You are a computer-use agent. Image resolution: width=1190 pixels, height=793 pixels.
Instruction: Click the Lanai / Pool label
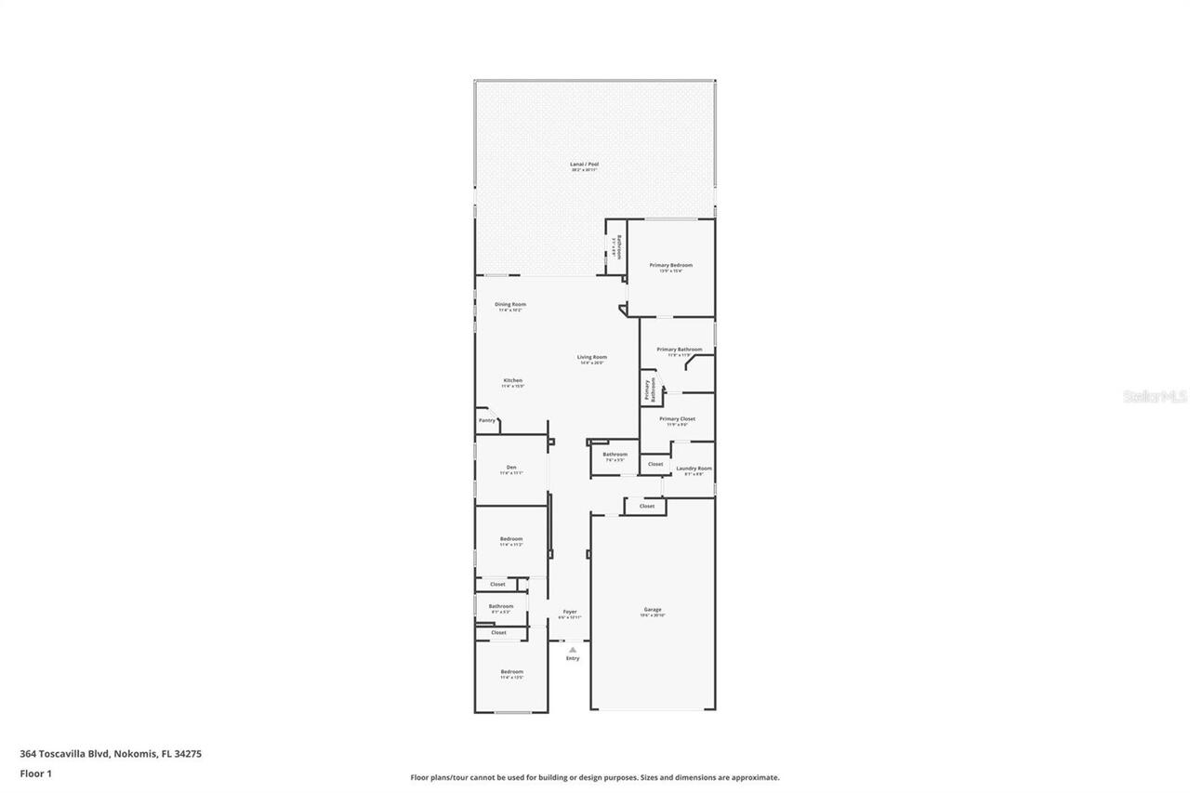(584, 164)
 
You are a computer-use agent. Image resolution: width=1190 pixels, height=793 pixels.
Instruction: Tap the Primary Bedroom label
(670, 265)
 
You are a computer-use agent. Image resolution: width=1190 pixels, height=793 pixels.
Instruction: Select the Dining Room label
(510, 304)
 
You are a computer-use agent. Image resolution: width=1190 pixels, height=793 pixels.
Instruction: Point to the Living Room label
(591, 357)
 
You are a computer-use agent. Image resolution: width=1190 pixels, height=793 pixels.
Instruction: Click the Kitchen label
(512, 380)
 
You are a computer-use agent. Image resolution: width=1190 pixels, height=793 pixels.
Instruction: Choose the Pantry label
(487, 420)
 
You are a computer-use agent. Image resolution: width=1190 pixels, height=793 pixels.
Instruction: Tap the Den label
(511, 467)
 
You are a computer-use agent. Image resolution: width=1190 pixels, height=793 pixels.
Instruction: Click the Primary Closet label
(677, 419)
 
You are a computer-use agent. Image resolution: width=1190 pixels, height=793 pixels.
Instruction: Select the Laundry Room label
(694, 468)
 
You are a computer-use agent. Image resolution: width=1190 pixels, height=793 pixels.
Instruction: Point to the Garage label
(653, 609)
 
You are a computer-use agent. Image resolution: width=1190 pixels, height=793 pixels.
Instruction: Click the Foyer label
(570, 612)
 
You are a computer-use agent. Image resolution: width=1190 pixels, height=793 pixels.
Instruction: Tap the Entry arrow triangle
(573, 650)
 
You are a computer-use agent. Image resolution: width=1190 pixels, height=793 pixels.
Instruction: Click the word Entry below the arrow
(573, 658)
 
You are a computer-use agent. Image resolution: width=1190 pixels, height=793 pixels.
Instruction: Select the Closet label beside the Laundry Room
(655, 464)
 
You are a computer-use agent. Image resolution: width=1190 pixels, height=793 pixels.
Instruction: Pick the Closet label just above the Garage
(646, 506)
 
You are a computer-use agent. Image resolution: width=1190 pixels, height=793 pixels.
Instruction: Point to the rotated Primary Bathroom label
(650, 390)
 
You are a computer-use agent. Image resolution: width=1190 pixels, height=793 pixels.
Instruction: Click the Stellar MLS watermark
(1155, 396)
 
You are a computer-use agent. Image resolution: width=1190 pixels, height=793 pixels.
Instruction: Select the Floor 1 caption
(35, 773)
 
